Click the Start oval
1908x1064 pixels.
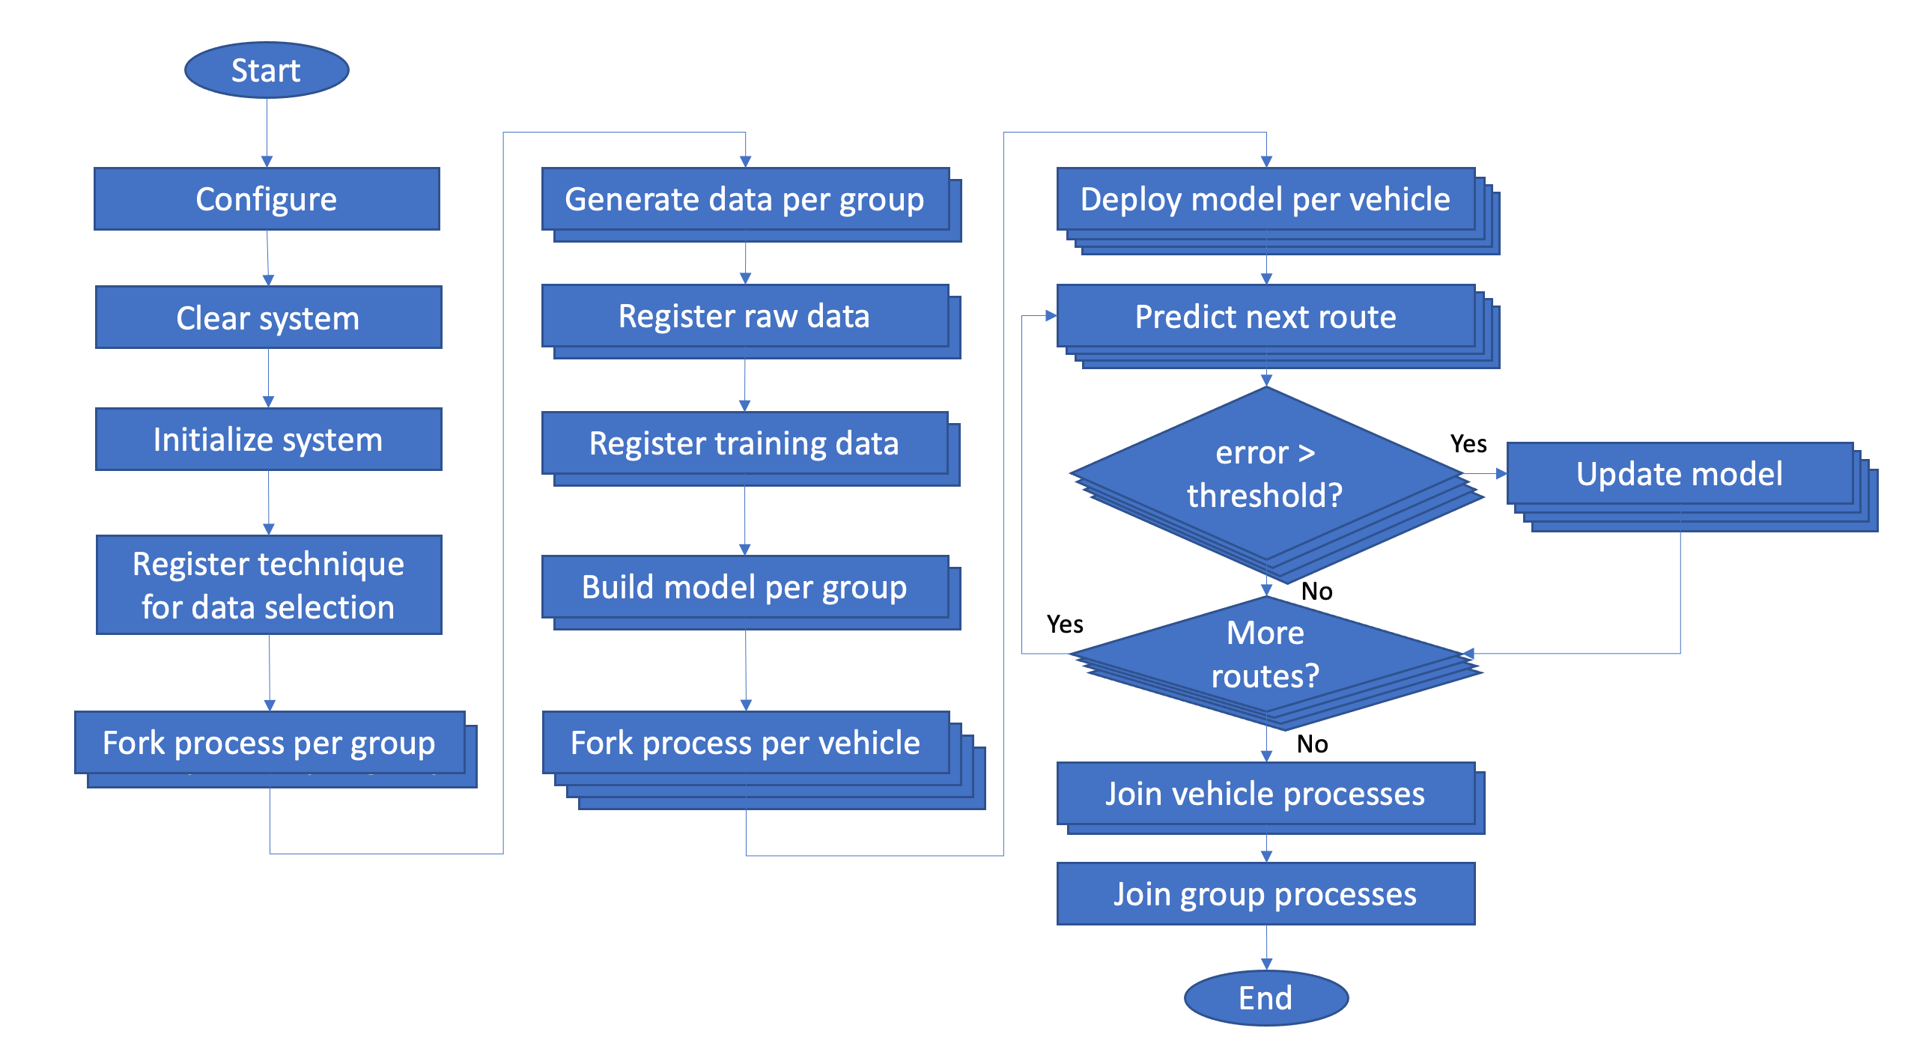(267, 70)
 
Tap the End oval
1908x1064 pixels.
(1266, 997)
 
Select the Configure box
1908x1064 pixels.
(267, 198)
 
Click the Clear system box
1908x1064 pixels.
(268, 317)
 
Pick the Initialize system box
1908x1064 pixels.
(268, 439)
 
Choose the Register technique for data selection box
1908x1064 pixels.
(269, 585)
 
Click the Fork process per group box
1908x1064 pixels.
(276, 749)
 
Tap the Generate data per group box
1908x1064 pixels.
(751, 204)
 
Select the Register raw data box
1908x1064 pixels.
(751, 321)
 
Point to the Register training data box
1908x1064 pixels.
(750, 449)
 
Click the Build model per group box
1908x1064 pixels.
(751, 592)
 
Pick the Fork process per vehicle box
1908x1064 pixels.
(764, 760)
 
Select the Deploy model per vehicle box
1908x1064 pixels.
(1278, 210)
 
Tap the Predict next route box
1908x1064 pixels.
(1278, 326)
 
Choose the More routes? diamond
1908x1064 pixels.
(1276, 663)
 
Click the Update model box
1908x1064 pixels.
(1692, 487)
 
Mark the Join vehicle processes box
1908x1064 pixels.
(1271, 798)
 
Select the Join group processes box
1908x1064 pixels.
(1266, 893)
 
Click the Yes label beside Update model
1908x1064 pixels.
(1468, 444)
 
